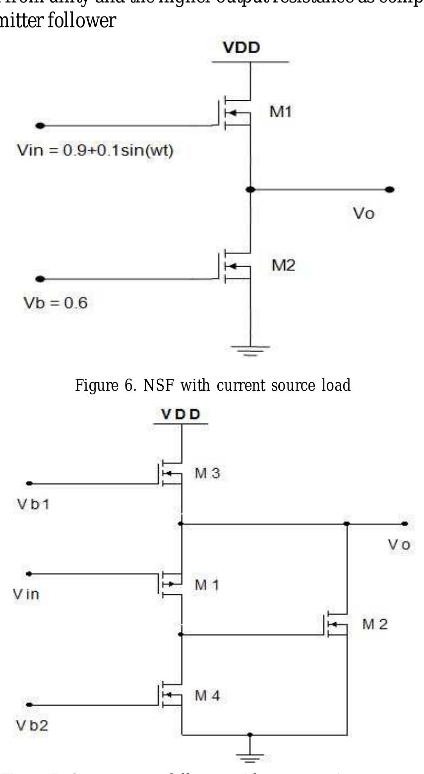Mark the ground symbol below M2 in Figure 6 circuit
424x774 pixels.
click(251, 350)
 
